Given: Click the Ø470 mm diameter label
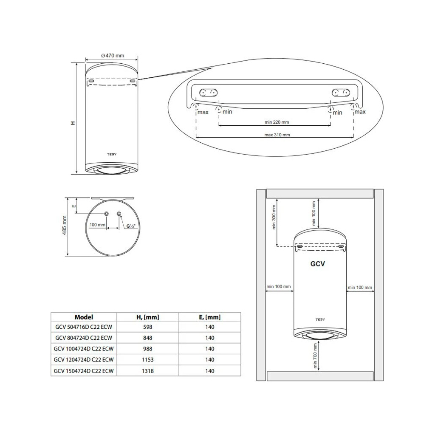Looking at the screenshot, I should (x=113, y=56).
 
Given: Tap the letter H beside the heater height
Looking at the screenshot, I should (x=73, y=123).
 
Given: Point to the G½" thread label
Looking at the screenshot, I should (x=130, y=226).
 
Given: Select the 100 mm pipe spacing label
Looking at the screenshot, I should (x=97, y=225).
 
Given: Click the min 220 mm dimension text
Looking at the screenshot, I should (x=277, y=122).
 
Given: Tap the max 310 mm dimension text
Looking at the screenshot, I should (x=277, y=135).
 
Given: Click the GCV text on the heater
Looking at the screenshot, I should (x=317, y=264).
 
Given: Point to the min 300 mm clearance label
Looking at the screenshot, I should (x=274, y=217).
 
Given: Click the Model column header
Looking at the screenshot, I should (x=83, y=317).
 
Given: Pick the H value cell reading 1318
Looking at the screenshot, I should (x=148, y=371).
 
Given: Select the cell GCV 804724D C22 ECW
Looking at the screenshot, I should (x=83, y=338).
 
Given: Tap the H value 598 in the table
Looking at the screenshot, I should (x=148, y=327).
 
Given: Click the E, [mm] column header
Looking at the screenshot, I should (x=209, y=317).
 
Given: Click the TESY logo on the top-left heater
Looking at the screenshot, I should (x=112, y=155).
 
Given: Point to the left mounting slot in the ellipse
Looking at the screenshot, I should (x=209, y=92).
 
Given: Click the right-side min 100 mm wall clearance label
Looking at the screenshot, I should (x=359, y=288).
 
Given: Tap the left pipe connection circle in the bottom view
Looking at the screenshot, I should (x=106, y=214).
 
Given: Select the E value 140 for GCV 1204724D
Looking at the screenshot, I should (x=209, y=360).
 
